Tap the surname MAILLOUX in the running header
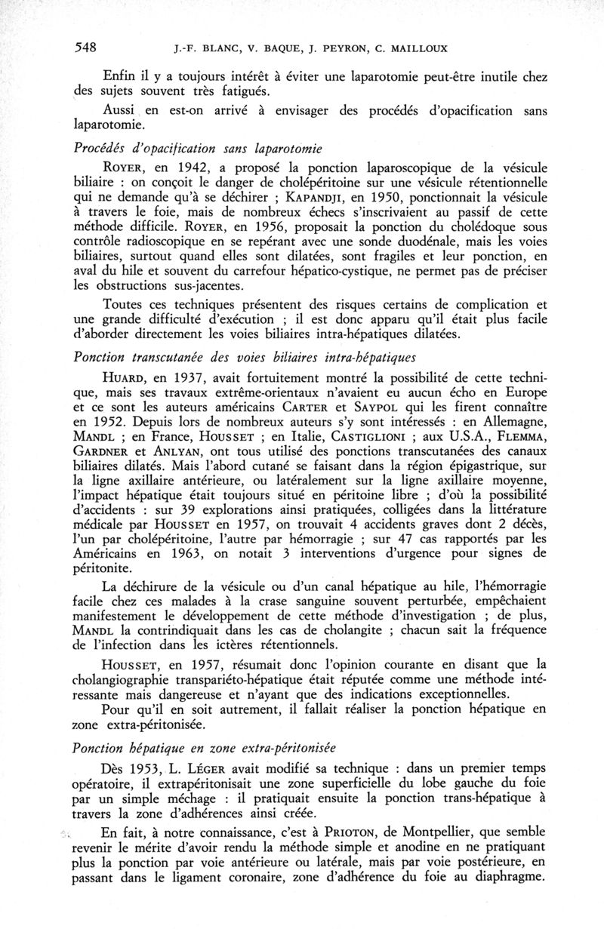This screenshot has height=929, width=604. point(421,50)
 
